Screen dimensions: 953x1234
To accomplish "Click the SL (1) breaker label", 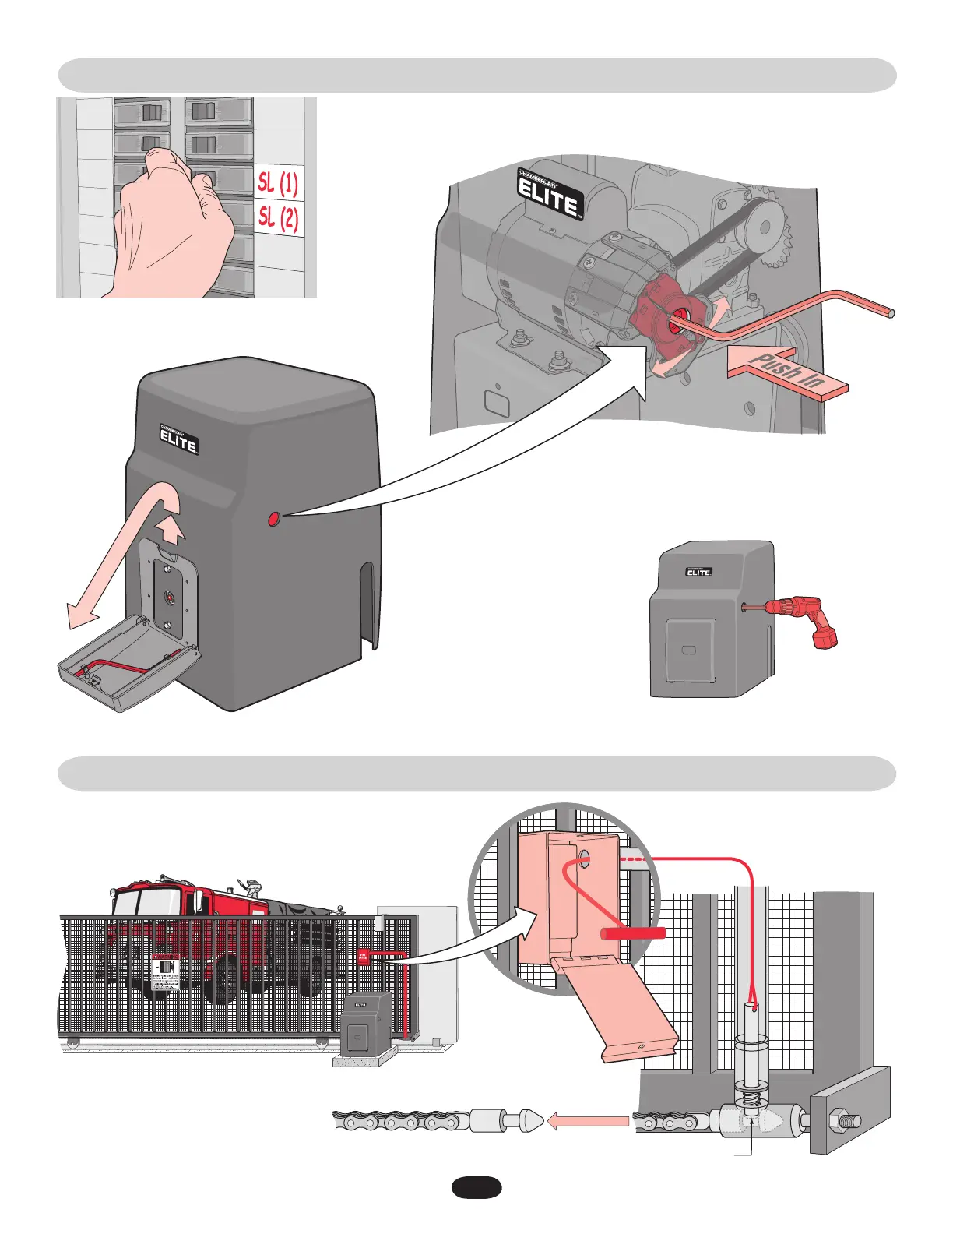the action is pyautogui.click(x=278, y=183).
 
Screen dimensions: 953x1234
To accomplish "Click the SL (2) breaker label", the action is pyautogui.click(x=279, y=217).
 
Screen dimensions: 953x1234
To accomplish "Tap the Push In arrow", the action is pyautogui.click(x=787, y=373).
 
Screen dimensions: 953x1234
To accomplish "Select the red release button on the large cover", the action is pyautogui.click(x=273, y=518).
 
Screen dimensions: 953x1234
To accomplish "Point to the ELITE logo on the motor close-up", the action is pyautogui.click(x=550, y=194).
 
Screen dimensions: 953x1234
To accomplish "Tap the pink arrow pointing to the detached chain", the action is pyautogui.click(x=589, y=1122).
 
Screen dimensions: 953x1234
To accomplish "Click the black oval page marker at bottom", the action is pyautogui.click(x=476, y=1188).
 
